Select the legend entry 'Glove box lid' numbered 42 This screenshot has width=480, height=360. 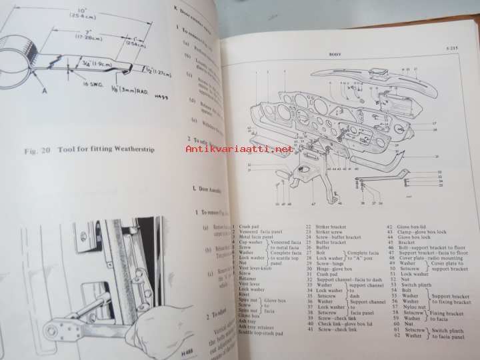pos(415,227)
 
